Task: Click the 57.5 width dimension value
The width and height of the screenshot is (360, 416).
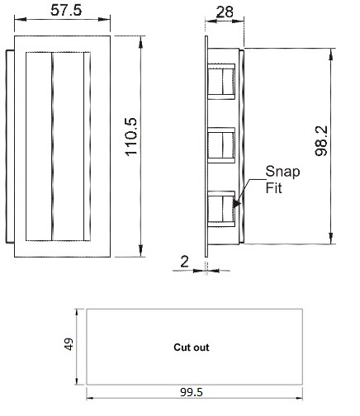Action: pyautogui.click(x=66, y=10)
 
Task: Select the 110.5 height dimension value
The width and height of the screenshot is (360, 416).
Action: pyautogui.click(x=131, y=137)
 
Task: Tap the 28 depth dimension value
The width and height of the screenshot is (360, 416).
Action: pyautogui.click(x=225, y=12)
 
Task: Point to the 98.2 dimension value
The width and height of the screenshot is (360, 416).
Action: pyautogui.click(x=321, y=141)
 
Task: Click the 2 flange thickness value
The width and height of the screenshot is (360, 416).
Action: pyautogui.click(x=185, y=262)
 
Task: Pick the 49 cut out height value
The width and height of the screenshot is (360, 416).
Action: pyautogui.click(x=69, y=344)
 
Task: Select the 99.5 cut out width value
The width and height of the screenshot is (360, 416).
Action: pyautogui.click(x=192, y=392)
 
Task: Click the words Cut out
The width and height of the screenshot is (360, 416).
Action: pyautogui.click(x=192, y=347)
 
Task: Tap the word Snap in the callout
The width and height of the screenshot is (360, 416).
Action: pyautogui.click(x=282, y=173)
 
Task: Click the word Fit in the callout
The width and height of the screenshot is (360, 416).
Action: pyautogui.click(x=273, y=188)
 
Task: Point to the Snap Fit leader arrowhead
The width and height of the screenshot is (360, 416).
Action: pyautogui.click(x=236, y=203)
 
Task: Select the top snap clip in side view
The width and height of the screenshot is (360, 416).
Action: pyautogui.click(x=221, y=82)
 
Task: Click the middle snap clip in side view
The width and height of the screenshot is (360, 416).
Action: pyautogui.click(x=221, y=145)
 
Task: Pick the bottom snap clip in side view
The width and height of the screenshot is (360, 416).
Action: pyautogui.click(x=221, y=209)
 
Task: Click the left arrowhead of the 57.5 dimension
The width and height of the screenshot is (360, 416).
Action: pyautogui.click(x=20, y=19)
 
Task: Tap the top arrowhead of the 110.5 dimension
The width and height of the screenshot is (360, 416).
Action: pyautogui.click(x=140, y=42)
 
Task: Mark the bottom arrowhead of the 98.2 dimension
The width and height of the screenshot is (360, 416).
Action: pyautogui.click(x=331, y=239)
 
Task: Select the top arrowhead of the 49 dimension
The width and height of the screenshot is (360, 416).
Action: pyautogui.click(x=77, y=314)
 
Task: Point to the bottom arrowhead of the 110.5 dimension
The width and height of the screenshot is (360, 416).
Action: pyautogui.click(x=140, y=251)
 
